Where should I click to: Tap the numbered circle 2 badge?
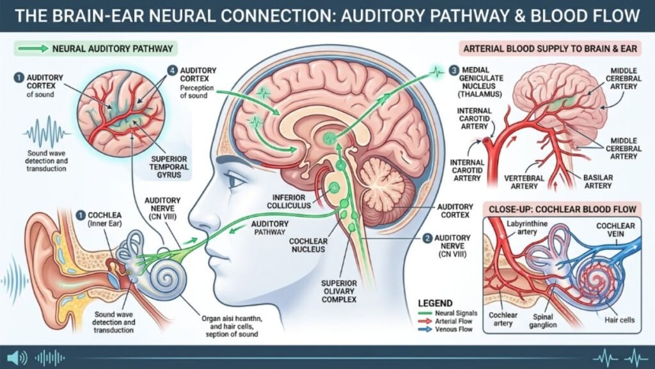[427, 238]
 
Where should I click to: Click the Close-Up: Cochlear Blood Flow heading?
[564, 209]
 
